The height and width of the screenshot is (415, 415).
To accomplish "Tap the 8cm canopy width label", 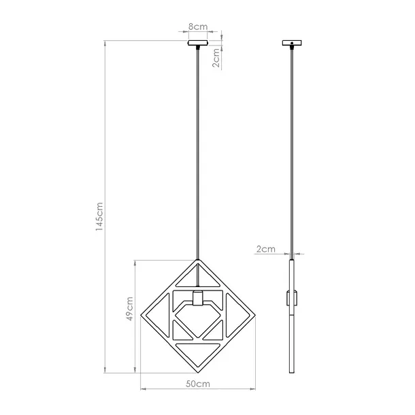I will click(198, 27).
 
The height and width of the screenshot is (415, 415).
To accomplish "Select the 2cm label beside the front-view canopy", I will click(216, 59).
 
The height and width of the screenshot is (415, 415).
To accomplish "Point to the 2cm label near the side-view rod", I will click(265, 249).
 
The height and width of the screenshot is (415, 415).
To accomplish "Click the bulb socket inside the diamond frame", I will click(197, 297).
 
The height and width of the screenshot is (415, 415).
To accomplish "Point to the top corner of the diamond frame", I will click(198, 261).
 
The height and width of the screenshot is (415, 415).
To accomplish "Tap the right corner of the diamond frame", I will click(254, 316).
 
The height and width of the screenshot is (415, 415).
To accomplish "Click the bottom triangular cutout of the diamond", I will click(197, 354).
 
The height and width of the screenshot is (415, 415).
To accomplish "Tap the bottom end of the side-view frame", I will click(293, 371).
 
